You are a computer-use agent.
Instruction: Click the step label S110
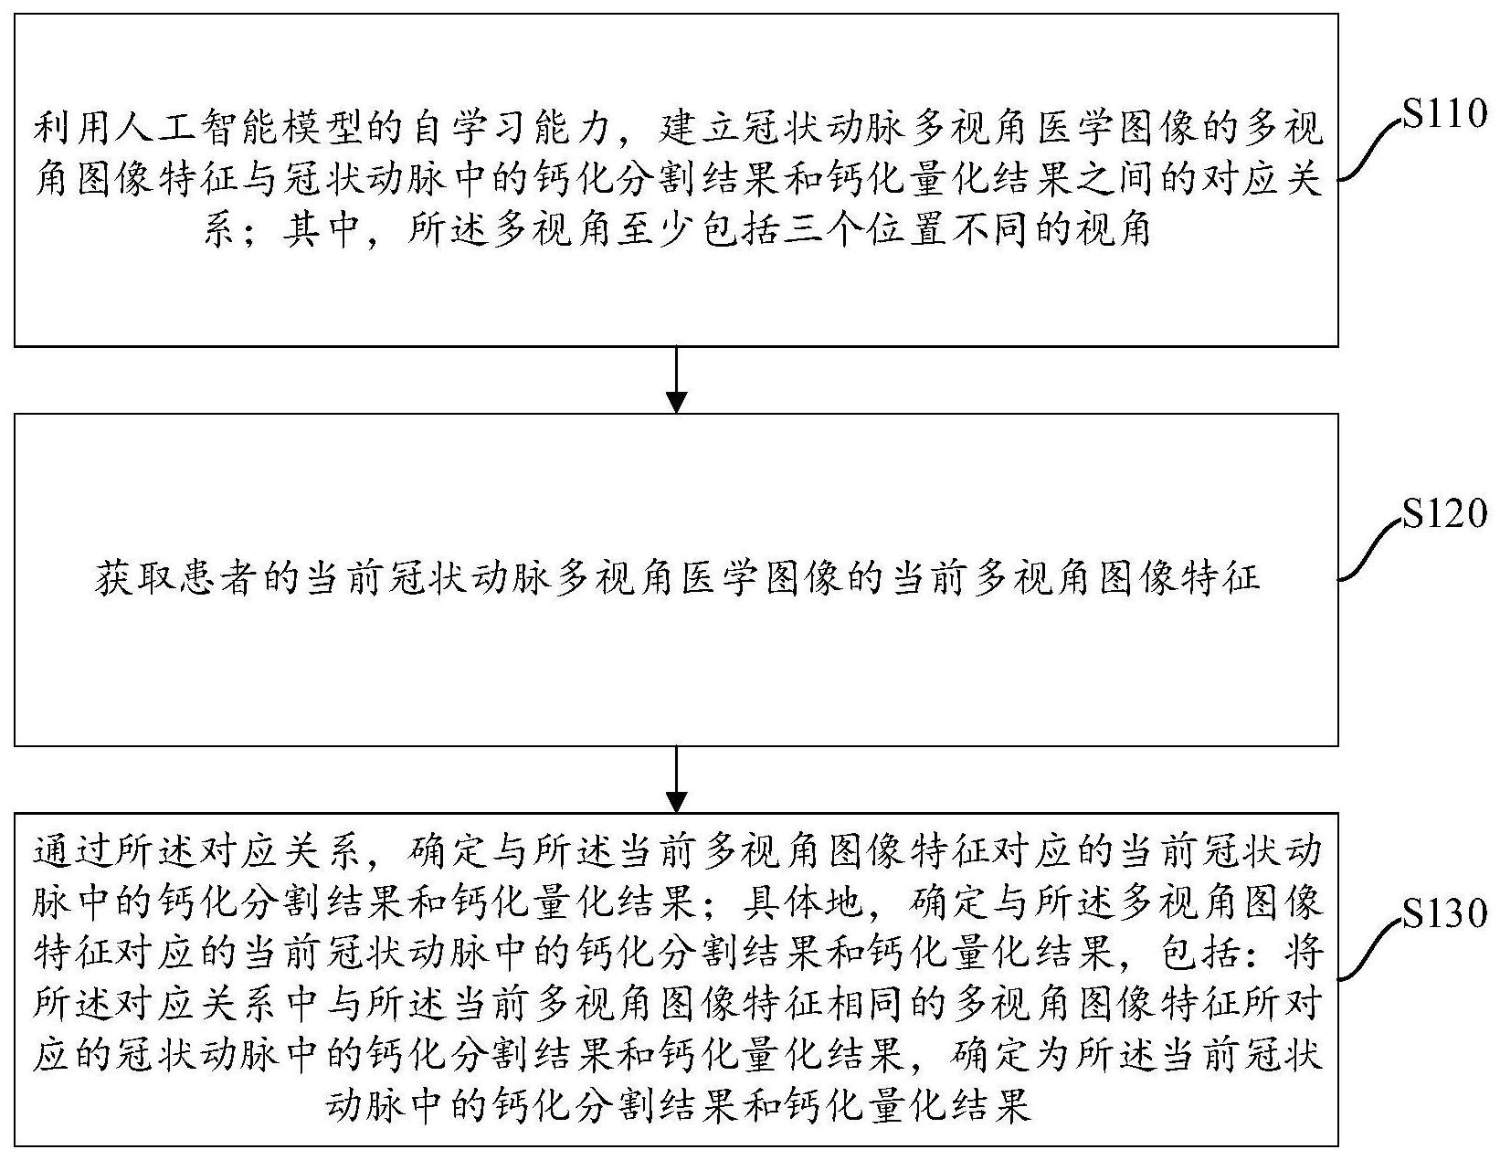pos(1444,114)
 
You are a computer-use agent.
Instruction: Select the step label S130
pos(1444,913)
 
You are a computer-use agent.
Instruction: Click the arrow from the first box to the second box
pos(676,380)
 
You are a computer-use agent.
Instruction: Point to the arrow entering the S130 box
pos(676,779)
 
